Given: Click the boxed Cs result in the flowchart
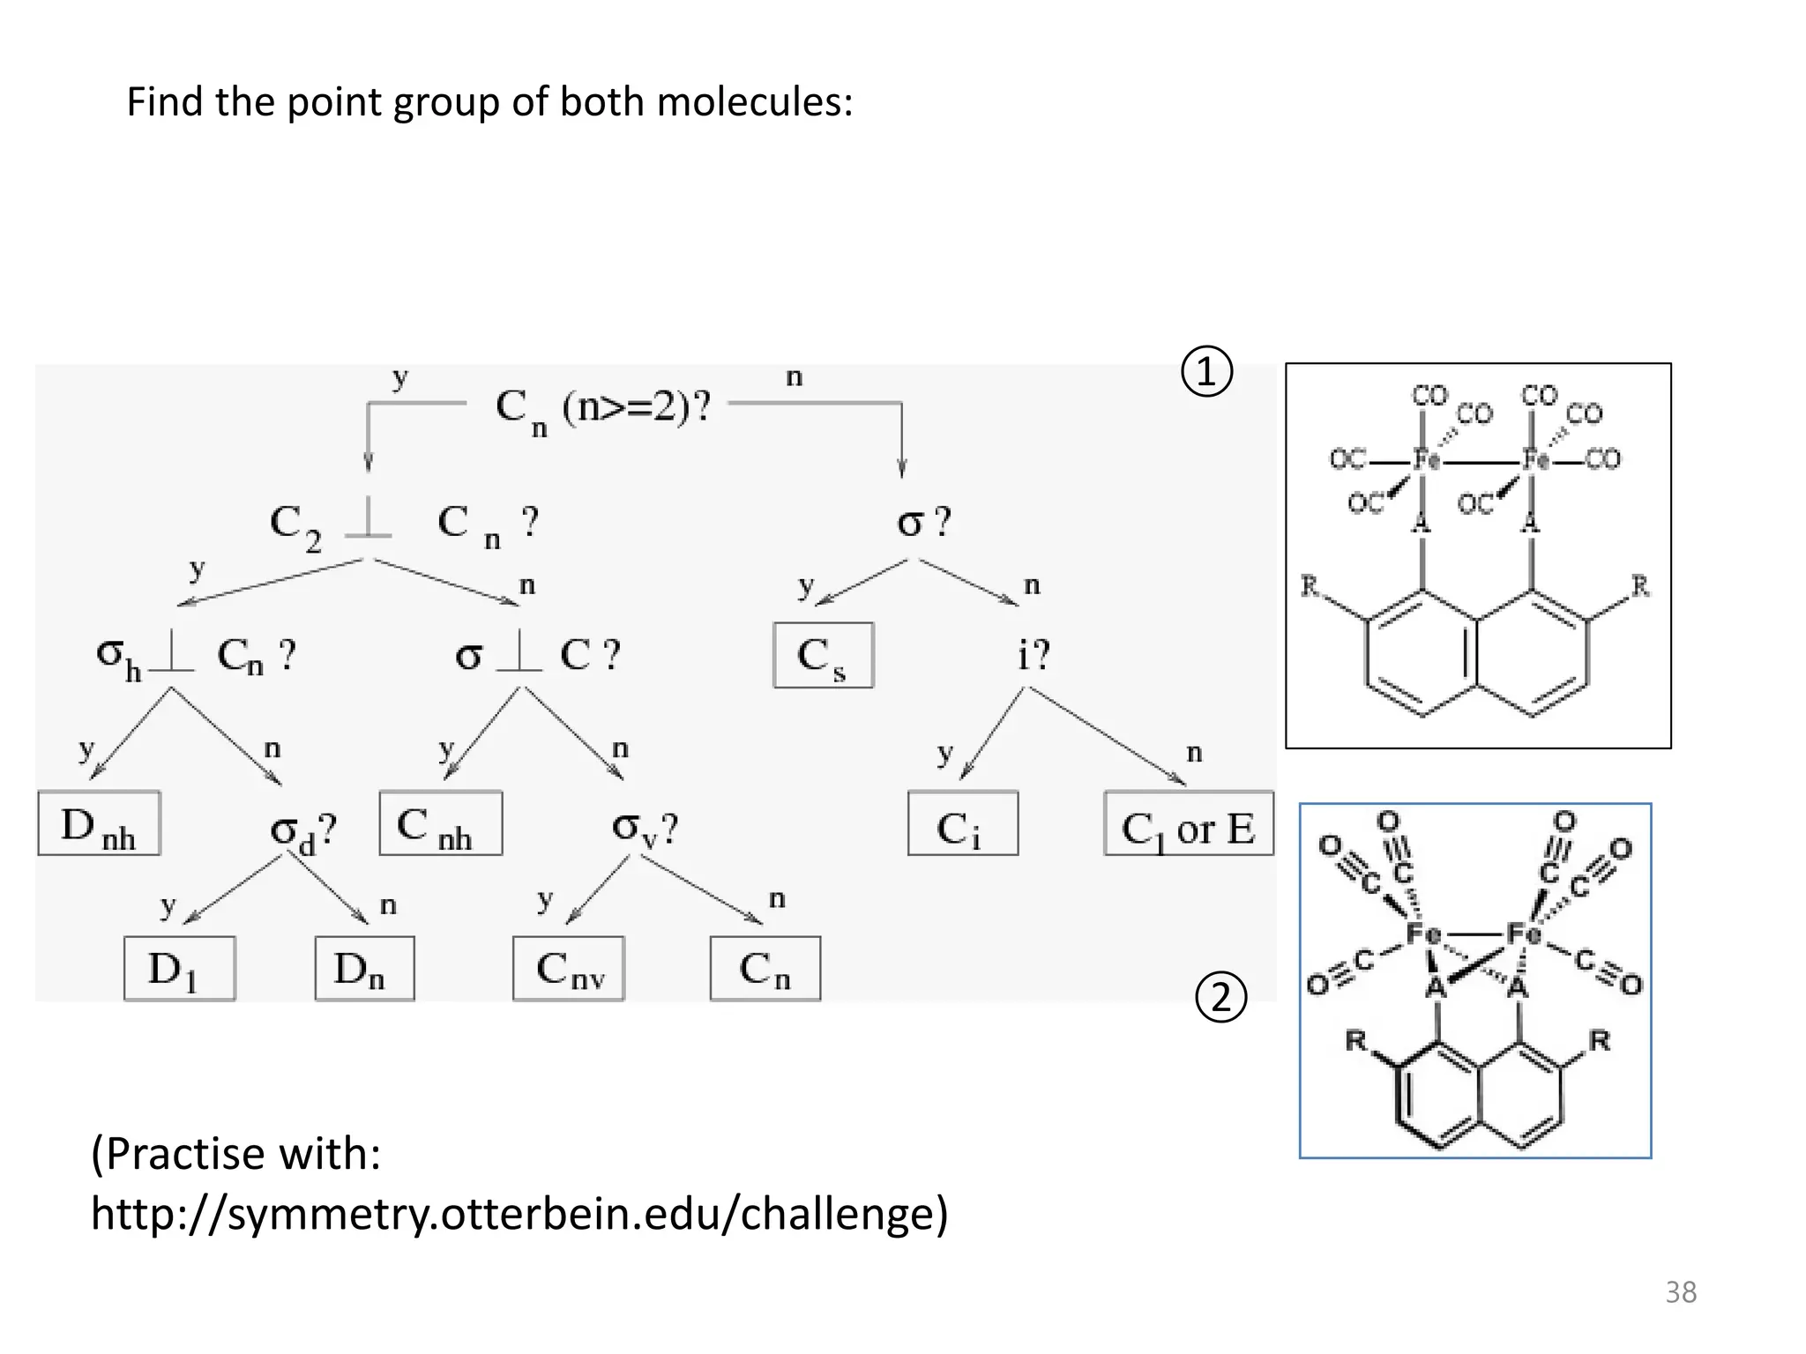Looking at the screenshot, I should [x=823, y=656].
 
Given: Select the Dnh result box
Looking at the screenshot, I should [x=99, y=824].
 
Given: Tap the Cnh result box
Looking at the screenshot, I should [x=440, y=824].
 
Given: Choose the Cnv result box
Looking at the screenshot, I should [x=569, y=969].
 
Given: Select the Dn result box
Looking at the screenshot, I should [x=364, y=969].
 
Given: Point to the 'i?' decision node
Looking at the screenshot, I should [x=1033, y=655].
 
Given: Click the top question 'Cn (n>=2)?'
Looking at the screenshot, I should [x=602, y=407].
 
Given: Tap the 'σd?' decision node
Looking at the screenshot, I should [x=302, y=830].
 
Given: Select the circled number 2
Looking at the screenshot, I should [x=1221, y=997].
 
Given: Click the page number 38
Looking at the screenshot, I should [x=1680, y=1292].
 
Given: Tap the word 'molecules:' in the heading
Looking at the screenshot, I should [x=755, y=101].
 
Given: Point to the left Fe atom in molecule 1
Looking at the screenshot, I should [x=1424, y=459].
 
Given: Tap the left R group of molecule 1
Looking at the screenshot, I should [x=1310, y=585].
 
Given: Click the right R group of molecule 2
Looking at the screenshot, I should [x=1599, y=1040].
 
